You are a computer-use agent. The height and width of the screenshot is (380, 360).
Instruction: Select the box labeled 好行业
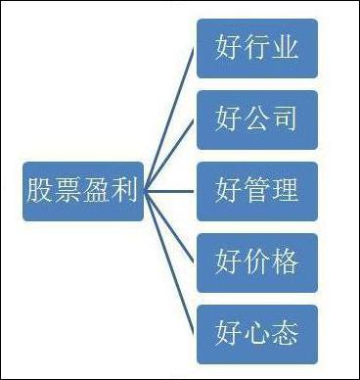256,47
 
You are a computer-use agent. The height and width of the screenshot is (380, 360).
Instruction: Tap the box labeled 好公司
256,119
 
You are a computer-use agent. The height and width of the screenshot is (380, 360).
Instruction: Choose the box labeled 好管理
256,190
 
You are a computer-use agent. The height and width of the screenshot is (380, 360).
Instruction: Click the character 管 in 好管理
256,190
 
